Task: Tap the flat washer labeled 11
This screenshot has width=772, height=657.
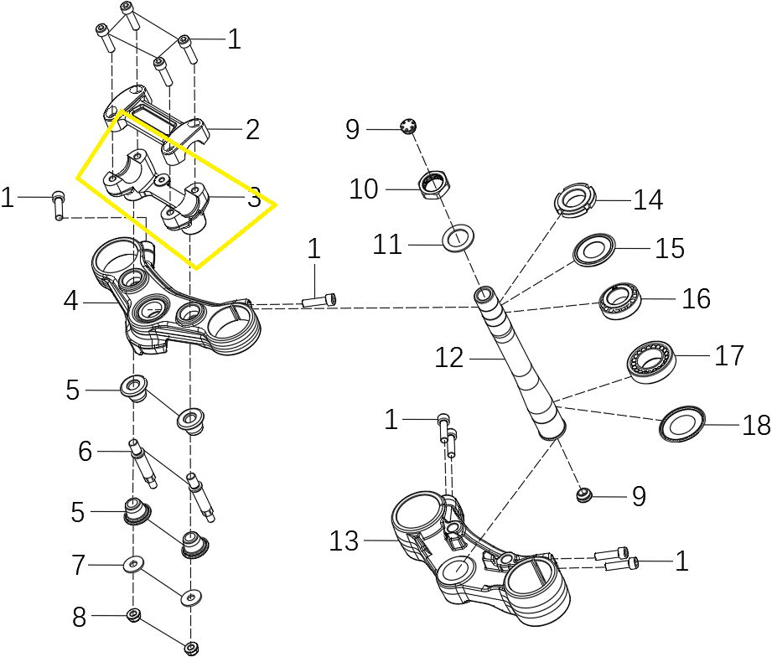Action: tap(457, 238)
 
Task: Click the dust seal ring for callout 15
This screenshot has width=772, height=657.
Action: tap(595, 249)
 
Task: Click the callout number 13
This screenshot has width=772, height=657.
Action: tap(344, 542)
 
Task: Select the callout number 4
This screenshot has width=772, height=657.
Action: tap(72, 301)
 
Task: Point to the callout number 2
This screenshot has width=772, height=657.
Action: tap(251, 129)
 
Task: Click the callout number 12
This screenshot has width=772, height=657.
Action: tap(449, 358)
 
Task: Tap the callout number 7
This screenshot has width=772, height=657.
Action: tap(79, 566)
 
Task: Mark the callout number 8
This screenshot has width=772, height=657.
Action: tap(79, 618)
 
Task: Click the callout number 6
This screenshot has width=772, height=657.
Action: tap(85, 452)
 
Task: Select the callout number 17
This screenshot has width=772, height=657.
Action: tap(729, 355)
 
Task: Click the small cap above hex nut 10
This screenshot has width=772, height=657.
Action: tap(409, 127)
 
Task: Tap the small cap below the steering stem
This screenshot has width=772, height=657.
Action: tap(584, 497)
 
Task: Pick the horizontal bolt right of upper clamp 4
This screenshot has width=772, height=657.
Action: tap(321, 299)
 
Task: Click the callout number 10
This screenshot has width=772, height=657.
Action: tap(365, 189)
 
